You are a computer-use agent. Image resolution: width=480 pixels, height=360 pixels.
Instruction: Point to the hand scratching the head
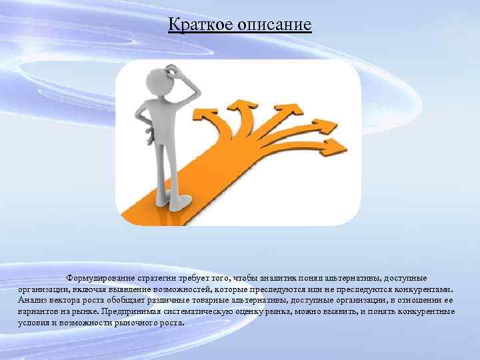175,68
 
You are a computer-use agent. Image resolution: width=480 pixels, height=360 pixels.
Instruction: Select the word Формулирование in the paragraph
99,277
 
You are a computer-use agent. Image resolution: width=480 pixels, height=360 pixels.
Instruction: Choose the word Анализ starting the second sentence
31,301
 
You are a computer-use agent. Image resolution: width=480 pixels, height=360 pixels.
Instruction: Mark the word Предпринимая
131,311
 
